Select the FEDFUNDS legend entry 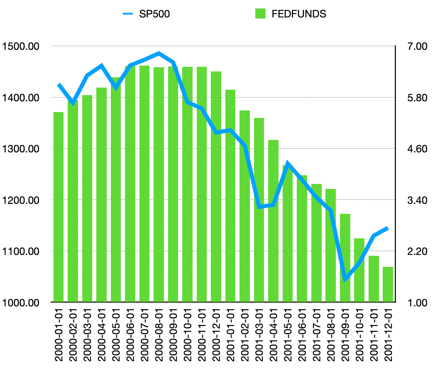[x=291, y=14]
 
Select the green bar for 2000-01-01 [x=59, y=208]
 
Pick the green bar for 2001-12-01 [x=388, y=284]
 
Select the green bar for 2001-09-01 [x=345, y=258]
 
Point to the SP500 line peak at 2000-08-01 [x=159, y=53]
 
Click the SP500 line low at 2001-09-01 [x=345, y=280]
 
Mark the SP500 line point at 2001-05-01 [x=288, y=163]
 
